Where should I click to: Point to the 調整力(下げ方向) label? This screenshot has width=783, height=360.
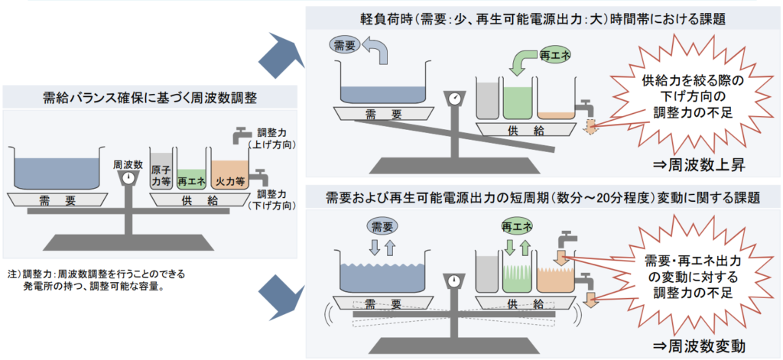click(272, 201)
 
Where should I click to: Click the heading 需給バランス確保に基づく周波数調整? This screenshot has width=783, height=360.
click(150, 97)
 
